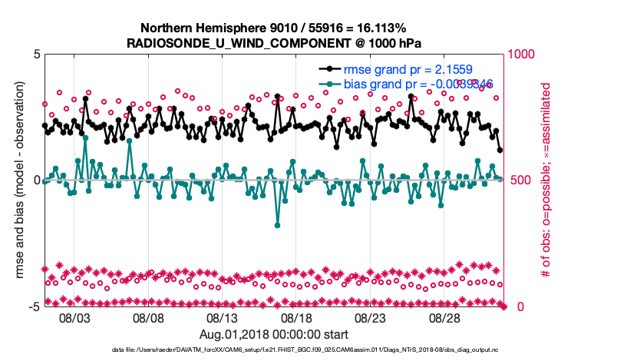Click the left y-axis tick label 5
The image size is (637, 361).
point(37,55)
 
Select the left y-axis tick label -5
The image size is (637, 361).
point(34,306)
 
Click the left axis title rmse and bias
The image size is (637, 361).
point(19,180)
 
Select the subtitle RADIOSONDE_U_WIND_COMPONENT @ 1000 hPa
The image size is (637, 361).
point(274,43)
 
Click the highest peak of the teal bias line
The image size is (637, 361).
point(85,138)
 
